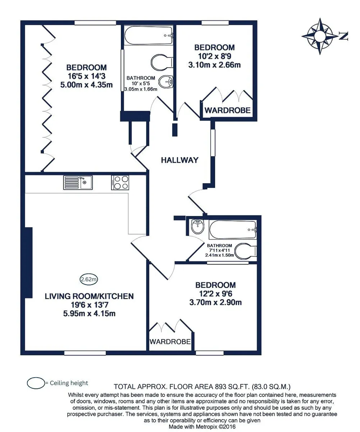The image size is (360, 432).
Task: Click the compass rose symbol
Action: (320, 36)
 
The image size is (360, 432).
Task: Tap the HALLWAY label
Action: (179, 160)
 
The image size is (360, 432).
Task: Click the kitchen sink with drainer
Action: (78, 183)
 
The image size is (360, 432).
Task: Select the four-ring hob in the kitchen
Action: (120, 183)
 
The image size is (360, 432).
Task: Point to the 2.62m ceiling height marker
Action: (89, 279)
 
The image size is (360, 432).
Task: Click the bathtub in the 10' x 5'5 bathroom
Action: (149, 35)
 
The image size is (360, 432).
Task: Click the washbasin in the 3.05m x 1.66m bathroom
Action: (166, 82)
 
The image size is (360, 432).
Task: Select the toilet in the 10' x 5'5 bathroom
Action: (162, 62)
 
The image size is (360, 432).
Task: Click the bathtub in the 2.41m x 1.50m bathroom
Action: (233, 230)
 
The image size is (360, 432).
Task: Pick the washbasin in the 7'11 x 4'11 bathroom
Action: (198, 226)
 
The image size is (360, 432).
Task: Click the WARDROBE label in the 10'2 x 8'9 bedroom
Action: (228, 110)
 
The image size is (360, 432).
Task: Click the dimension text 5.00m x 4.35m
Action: (86, 85)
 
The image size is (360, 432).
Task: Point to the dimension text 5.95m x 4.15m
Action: (89, 314)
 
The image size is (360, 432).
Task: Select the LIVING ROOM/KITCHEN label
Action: (89, 296)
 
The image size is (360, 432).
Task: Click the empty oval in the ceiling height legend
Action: (36, 383)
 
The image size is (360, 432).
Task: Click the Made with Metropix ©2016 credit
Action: (202, 427)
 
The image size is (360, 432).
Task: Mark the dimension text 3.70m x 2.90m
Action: (215, 302)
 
